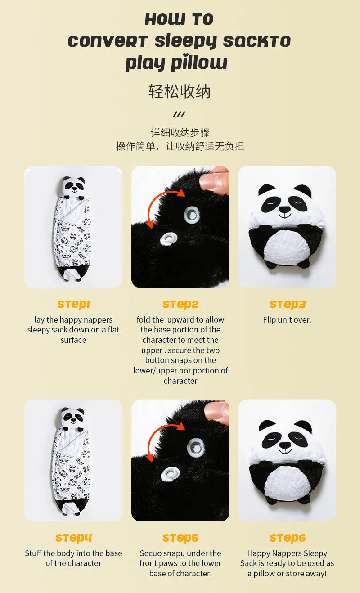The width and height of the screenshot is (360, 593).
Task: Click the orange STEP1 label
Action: pyautogui.click(x=74, y=305)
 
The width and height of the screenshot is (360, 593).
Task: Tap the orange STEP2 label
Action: pyautogui.click(x=180, y=305)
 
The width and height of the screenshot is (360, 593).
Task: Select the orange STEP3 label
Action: pyautogui.click(x=288, y=305)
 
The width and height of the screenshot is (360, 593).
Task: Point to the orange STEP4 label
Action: pyautogui.click(x=74, y=538)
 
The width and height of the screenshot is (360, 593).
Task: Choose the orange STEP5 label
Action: pyautogui.click(x=180, y=538)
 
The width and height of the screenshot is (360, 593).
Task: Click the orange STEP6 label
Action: pyautogui.click(x=288, y=538)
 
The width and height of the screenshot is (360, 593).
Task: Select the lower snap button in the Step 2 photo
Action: pyautogui.click(x=169, y=238)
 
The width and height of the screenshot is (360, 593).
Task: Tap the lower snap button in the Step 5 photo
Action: pyautogui.click(x=170, y=473)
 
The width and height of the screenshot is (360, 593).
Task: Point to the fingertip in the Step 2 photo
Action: pyautogui.click(x=214, y=180)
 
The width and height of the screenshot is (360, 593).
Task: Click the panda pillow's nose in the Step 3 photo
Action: pyautogui.click(x=284, y=209)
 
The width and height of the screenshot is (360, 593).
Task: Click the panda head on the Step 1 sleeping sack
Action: pyautogui.click(x=74, y=188)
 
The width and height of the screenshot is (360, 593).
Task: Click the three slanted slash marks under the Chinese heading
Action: pyautogui.click(x=179, y=114)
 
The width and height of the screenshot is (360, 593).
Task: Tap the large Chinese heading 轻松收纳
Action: pyautogui.click(x=180, y=92)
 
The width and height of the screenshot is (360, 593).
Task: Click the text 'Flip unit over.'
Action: pyautogui.click(x=287, y=320)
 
